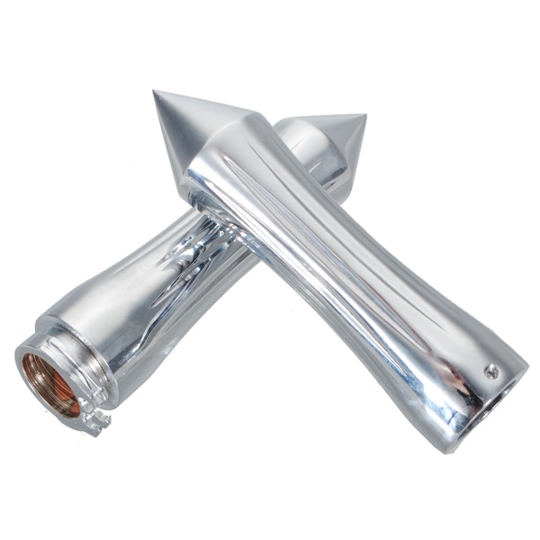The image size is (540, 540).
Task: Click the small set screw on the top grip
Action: tap(490, 371)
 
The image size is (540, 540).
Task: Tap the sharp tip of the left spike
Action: tap(155, 92)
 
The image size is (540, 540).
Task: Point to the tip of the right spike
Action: tap(365, 115)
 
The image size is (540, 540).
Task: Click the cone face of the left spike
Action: tap(184, 126)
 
